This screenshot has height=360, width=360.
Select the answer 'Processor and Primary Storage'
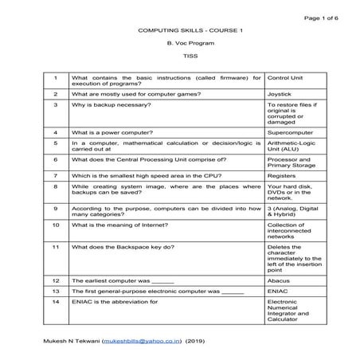pos(291,163)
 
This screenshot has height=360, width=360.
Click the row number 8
pos(55,186)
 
